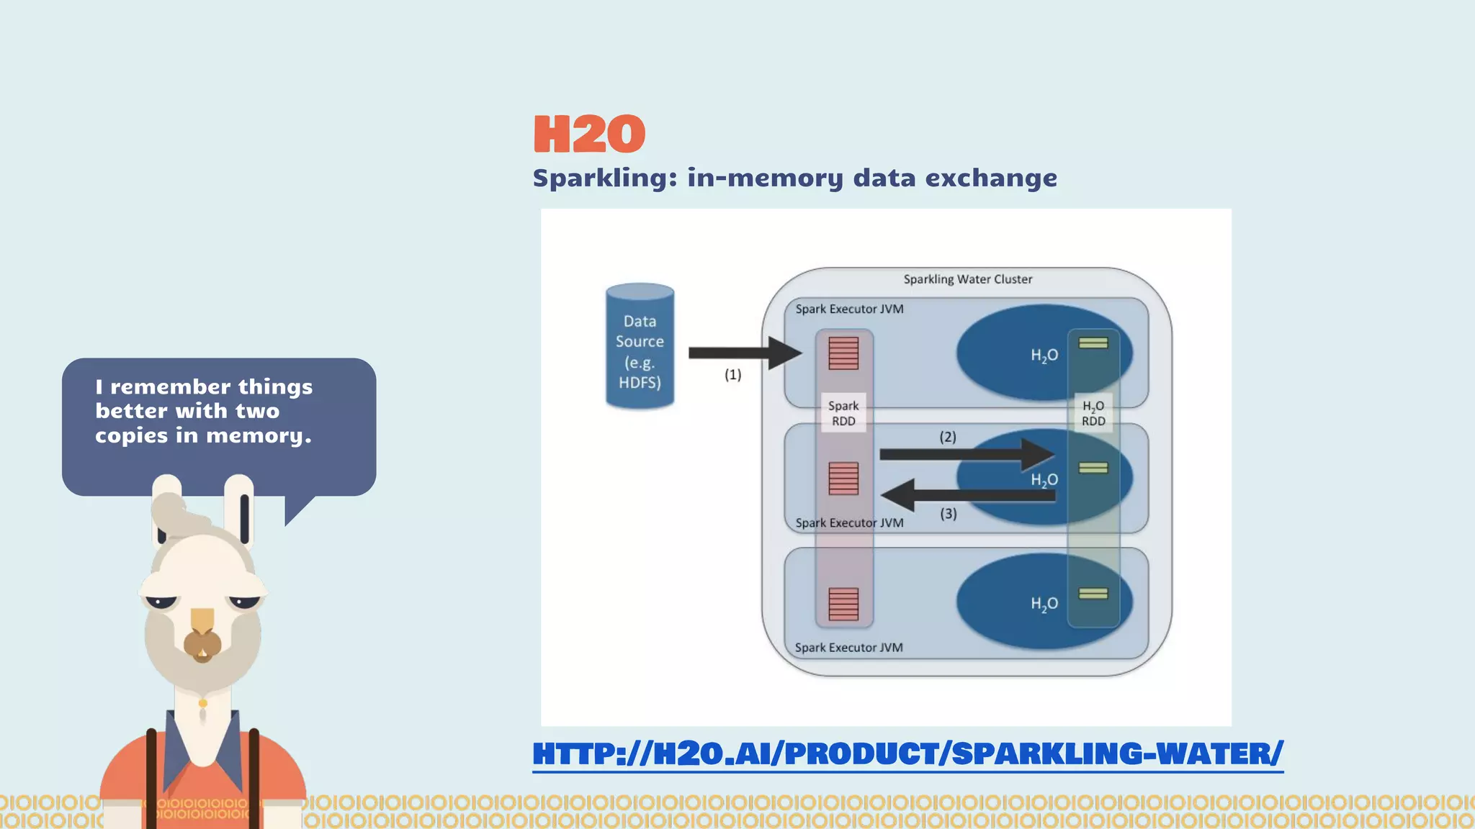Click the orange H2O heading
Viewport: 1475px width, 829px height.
[589, 134]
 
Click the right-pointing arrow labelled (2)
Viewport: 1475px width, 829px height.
[965, 454]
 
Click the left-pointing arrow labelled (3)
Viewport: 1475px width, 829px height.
[965, 495]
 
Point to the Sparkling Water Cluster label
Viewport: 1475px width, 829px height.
[967, 279]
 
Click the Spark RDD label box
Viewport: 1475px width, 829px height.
[843, 413]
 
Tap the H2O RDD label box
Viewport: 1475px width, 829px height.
[1093, 413]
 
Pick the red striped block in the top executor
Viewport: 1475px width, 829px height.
[843, 353]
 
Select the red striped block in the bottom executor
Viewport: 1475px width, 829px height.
[843, 603]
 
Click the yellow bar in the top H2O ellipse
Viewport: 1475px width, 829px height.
[1093, 343]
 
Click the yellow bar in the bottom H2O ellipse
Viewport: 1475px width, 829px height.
[1093, 594]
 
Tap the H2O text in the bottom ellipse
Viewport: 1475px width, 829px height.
[1044, 604]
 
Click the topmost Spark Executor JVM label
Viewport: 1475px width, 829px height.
[849, 309]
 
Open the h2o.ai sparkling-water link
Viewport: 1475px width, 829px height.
[907, 753]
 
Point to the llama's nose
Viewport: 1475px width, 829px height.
[202, 643]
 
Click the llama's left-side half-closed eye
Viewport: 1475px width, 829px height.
[161, 601]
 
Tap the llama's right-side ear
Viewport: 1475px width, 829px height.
[239, 507]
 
